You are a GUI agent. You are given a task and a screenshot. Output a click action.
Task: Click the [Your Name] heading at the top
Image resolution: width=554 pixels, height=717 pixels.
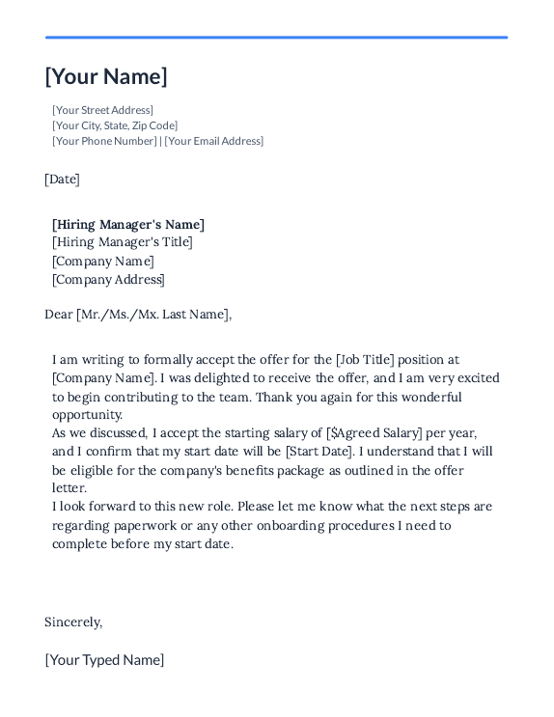click(106, 77)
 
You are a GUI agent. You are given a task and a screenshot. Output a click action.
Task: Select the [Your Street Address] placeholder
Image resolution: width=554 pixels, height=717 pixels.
click(102, 110)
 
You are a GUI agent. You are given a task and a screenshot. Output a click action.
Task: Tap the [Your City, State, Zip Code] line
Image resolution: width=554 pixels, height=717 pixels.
click(115, 125)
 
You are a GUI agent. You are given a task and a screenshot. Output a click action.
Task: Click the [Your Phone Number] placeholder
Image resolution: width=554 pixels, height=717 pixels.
click(104, 141)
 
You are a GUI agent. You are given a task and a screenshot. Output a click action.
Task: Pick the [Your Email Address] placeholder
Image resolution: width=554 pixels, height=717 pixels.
click(213, 141)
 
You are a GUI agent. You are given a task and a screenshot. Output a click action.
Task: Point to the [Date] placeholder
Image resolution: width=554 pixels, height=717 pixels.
click(62, 179)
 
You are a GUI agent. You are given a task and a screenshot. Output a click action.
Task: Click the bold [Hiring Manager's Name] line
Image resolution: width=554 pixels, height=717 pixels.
click(128, 225)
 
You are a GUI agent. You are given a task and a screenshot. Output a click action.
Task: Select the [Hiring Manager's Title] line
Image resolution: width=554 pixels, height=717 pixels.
click(123, 242)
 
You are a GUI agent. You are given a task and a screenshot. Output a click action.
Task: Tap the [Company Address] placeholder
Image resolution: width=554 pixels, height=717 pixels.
click(108, 280)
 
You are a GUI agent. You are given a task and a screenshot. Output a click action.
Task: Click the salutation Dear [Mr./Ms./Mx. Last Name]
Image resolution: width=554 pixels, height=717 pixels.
click(138, 314)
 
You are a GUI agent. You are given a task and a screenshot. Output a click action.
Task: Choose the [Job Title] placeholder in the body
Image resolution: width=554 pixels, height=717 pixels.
click(365, 360)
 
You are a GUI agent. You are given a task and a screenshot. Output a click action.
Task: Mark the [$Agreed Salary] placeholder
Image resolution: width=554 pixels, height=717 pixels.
click(374, 433)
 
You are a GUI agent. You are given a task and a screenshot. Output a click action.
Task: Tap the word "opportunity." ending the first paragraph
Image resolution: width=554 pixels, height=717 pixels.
click(87, 415)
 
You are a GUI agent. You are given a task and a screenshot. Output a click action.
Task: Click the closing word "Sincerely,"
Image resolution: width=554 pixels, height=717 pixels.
click(73, 622)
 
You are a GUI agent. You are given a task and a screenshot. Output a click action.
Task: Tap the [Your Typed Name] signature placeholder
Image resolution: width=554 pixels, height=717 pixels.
click(104, 660)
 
